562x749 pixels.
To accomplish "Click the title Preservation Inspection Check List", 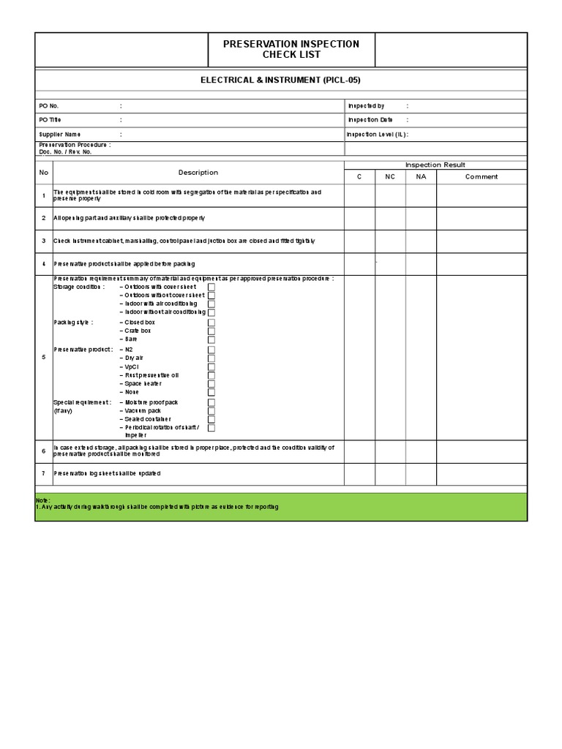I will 291,49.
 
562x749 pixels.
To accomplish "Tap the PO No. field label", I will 49,106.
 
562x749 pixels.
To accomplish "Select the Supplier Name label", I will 60,135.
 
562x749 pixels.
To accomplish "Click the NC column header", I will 390,176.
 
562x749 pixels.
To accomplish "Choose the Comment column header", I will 482,176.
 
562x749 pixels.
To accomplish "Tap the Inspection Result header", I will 435,165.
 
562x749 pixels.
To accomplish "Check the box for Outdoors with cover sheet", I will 211,287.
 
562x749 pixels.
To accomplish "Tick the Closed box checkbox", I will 211,323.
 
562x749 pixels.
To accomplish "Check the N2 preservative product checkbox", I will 211,350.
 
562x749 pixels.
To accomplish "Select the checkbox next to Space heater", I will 211,384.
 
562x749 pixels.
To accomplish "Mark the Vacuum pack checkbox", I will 211,411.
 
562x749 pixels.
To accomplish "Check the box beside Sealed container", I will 211,419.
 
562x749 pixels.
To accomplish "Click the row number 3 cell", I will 44,241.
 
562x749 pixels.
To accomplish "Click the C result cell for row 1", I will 359,195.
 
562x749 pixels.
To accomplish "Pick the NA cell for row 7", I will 421,473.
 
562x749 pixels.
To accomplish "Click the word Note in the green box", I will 43,500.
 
